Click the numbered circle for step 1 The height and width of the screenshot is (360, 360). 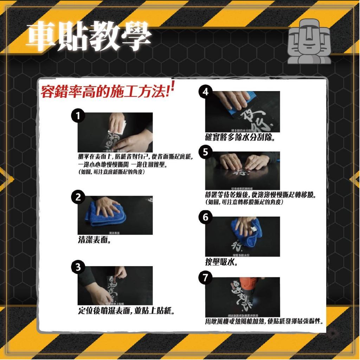pyautogui.click(x=77, y=116)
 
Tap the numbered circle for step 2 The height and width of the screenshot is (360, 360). pyautogui.click(x=78, y=197)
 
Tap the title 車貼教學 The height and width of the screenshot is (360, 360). pyautogui.click(x=90, y=37)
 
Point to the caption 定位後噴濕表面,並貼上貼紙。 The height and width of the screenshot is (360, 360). pyautogui.click(x=127, y=311)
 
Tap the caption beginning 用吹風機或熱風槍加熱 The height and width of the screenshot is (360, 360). pyautogui.click(x=264, y=321)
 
